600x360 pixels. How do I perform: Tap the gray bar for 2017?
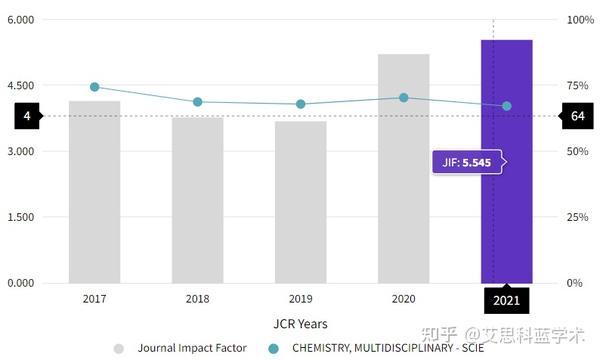[94, 191]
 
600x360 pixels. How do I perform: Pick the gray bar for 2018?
[197, 200]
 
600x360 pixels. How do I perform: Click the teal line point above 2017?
[95, 87]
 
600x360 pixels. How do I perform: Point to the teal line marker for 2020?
[404, 98]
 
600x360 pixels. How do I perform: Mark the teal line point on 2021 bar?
[507, 106]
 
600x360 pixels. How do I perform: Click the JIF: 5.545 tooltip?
[467, 162]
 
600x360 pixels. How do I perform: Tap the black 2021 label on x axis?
[506, 299]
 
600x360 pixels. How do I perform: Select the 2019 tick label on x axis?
[300, 299]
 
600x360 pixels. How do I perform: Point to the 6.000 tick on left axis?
[21, 20]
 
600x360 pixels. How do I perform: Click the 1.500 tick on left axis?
[21, 217]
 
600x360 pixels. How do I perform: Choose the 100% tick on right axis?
[580, 20]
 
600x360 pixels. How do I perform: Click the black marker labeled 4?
[27, 116]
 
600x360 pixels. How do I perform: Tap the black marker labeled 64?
[577, 116]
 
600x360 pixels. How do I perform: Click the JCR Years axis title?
[300, 324]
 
